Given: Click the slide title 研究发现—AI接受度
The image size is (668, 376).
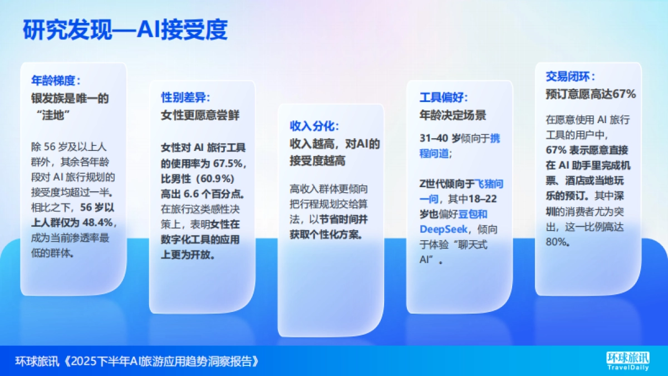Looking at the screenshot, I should point(125,30).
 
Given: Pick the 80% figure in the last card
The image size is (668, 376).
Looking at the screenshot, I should point(558,242).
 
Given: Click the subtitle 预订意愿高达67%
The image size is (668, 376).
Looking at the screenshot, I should point(591,95).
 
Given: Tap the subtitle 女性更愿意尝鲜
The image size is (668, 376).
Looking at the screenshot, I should point(200,115).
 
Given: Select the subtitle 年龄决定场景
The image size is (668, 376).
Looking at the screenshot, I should point(453,115).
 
